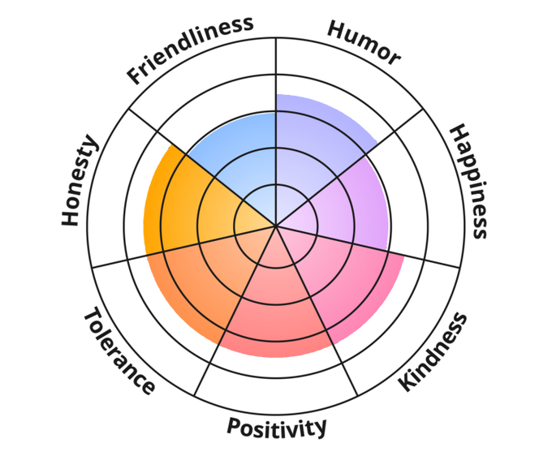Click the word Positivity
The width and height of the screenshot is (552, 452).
tap(277, 426)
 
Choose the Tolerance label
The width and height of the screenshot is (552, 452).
tap(119, 351)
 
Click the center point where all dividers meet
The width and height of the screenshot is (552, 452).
tap(276, 226)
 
